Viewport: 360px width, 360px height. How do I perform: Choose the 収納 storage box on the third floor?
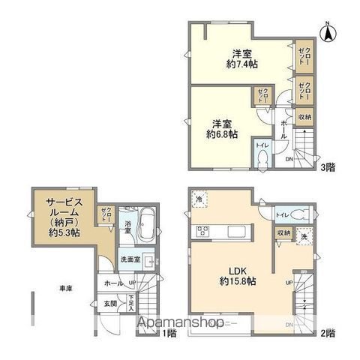[x=305, y=116]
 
